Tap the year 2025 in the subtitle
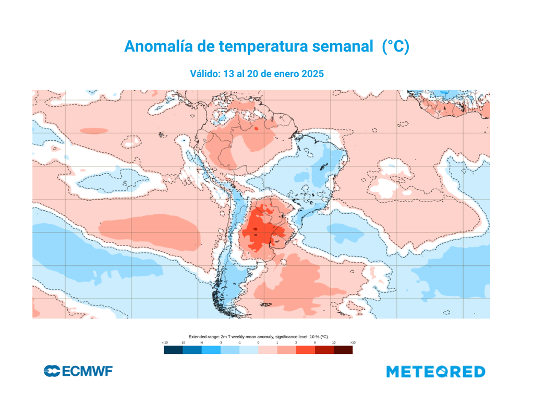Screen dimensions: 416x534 [x=312, y=74]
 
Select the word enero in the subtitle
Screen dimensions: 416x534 [x=284, y=74]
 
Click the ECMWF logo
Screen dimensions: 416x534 [x=78, y=371]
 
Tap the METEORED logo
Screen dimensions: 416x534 [x=435, y=372]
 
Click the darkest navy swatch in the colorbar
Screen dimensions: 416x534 [x=173, y=350]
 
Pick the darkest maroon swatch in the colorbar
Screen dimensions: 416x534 [x=343, y=350]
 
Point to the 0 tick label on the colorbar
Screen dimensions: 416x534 [x=258, y=342]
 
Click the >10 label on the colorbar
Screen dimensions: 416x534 [x=353, y=342]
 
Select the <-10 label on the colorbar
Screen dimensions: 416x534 [x=164, y=342]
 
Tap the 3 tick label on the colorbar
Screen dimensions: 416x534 [x=296, y=342]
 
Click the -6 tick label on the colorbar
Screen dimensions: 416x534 [x=202, y=342]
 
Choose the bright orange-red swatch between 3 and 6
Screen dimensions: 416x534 [x=305, y=350]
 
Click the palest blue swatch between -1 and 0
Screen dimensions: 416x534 [x=249, y=350]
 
